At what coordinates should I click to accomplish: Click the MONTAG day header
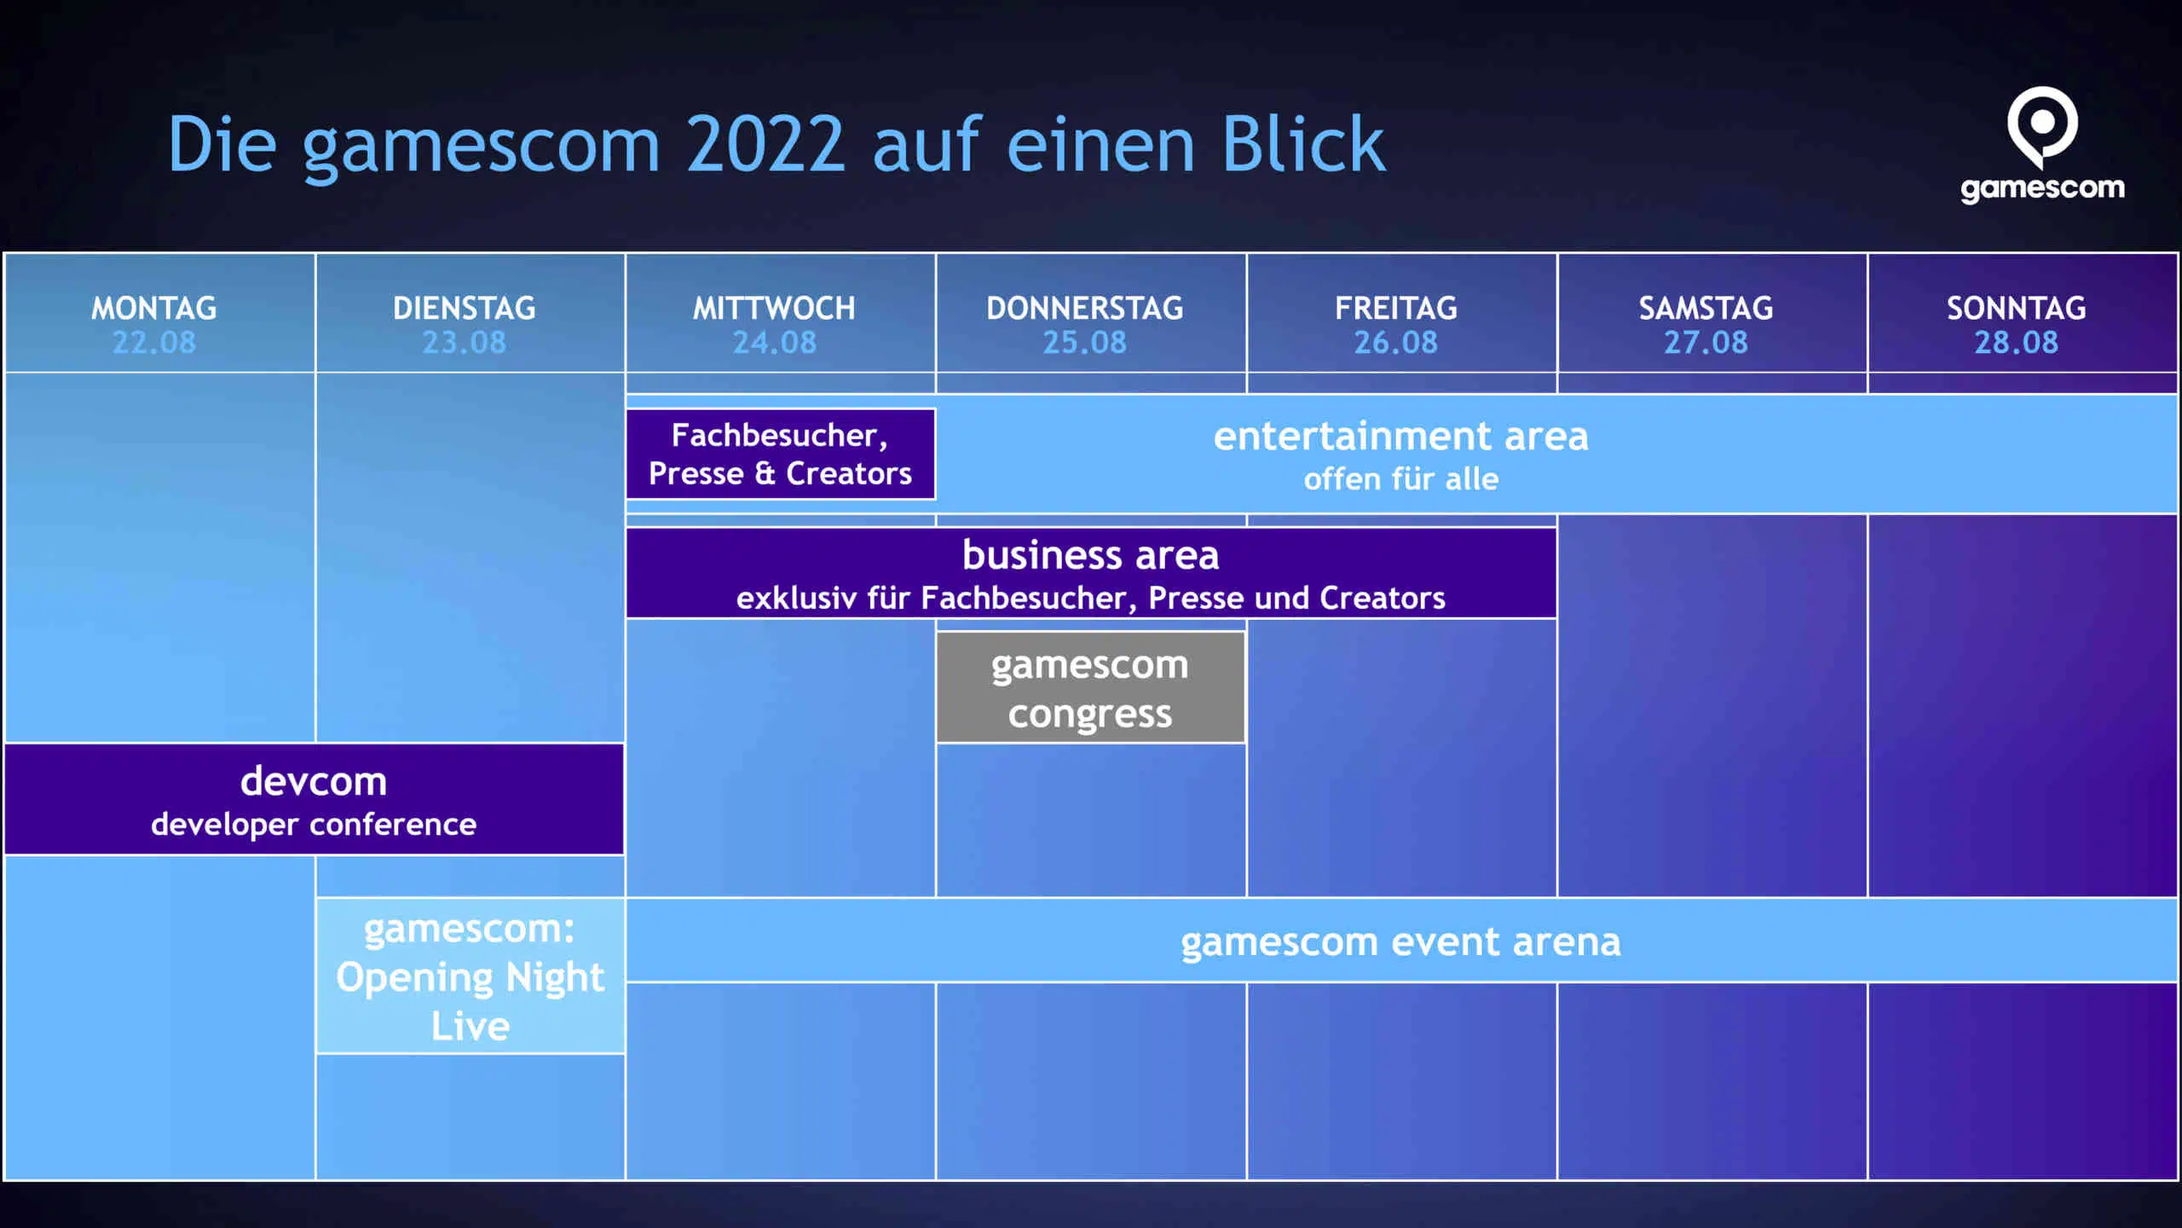(154, 308)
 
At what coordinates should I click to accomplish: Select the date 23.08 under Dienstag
(465, 343)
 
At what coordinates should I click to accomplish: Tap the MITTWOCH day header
(774, 308)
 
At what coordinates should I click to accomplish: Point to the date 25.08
(1085, 343)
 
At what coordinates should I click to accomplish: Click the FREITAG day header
(1396, 308)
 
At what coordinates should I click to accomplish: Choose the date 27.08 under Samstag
(1706, 343)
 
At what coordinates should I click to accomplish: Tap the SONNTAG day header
(2017, 308)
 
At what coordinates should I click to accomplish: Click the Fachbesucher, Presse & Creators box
(781, 454)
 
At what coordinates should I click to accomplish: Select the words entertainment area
(1401, 437)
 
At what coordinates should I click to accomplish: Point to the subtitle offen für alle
(1401, 479)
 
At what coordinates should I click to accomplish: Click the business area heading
(1091, 555)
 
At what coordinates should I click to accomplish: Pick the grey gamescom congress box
(1091, 687)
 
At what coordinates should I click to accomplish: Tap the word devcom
(314, 781)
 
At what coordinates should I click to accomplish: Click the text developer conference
(314, 825)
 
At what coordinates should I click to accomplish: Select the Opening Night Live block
(470, 976)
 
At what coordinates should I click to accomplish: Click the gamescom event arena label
(1401, 942)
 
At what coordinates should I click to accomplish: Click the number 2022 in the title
(765, 144)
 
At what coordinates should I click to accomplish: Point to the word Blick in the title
(1304, 144)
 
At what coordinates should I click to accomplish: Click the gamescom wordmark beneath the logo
(2042, 188)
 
